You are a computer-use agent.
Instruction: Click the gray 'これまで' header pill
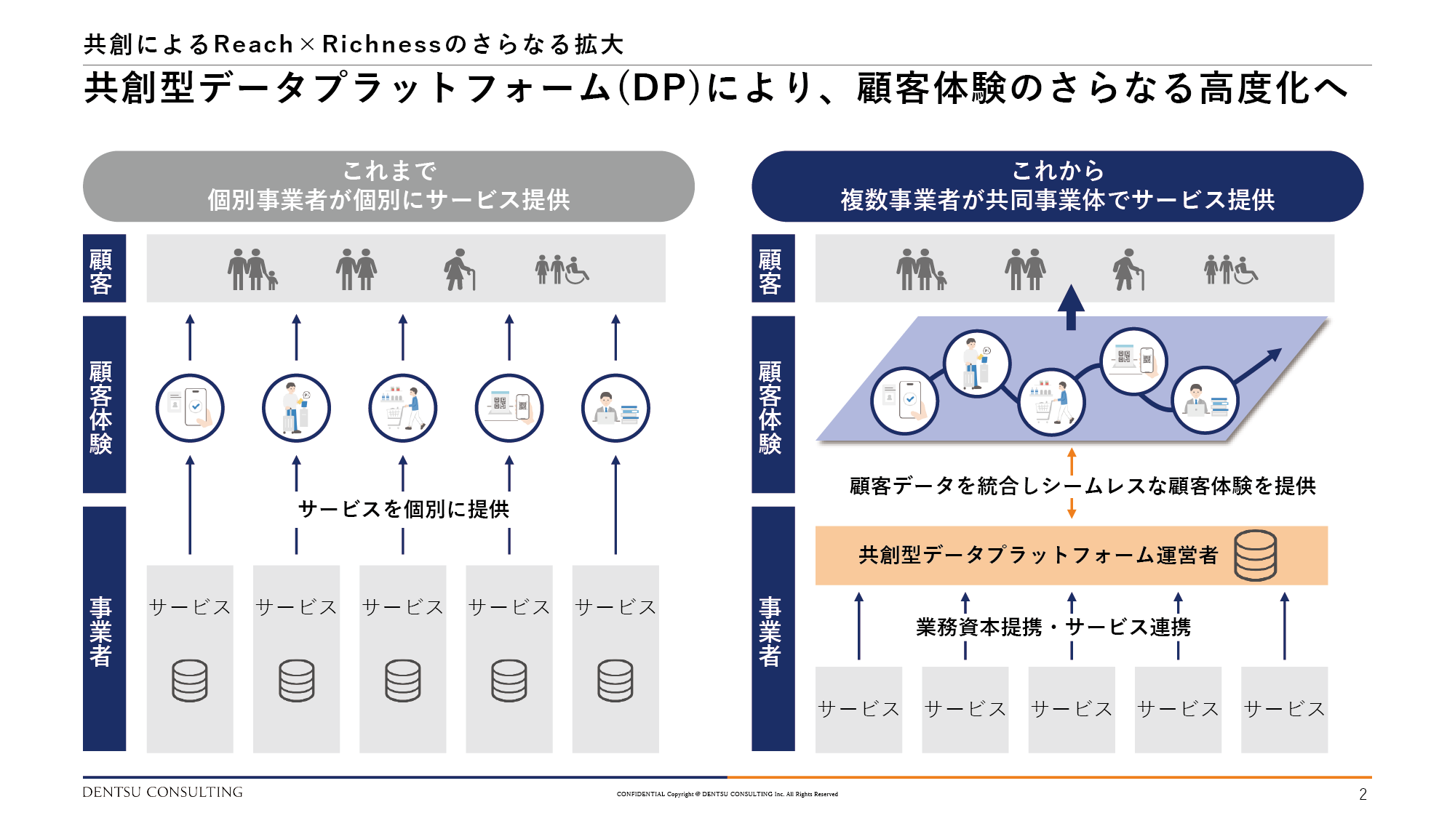click(x=388, y=186)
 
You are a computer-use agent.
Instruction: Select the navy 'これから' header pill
click(x=1057, y=186)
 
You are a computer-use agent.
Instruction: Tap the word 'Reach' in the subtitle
click(x=253, y=44)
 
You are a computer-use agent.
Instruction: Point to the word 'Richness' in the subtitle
click(x=382, y=44)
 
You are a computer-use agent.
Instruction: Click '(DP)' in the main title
click(x=659, y=89)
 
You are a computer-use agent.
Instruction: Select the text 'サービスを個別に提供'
click(x=403, y=509)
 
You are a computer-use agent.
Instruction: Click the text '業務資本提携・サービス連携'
click(x=1053, y=627)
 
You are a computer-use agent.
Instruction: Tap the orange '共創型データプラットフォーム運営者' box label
click(x=1038, y=556)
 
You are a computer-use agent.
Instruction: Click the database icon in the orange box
click(x=1255, y=556)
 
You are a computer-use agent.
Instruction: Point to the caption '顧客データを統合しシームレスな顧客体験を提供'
click(x=1083, y=486)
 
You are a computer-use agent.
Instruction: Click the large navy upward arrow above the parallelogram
click(x=1071, y=307)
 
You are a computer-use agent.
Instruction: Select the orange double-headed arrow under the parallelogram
click(x=1072, y=483)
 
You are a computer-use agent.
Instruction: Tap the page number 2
click(x=1363, y=794)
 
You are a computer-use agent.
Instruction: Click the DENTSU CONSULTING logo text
click(x=162, y=792)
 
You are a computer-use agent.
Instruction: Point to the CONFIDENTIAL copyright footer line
click(x=727, y=794)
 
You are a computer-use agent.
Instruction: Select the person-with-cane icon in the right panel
click(x=1128, y=270)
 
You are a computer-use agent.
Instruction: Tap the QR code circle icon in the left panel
click(x=509, y=408)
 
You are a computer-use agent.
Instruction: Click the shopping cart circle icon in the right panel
click(x=1051, y=402)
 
